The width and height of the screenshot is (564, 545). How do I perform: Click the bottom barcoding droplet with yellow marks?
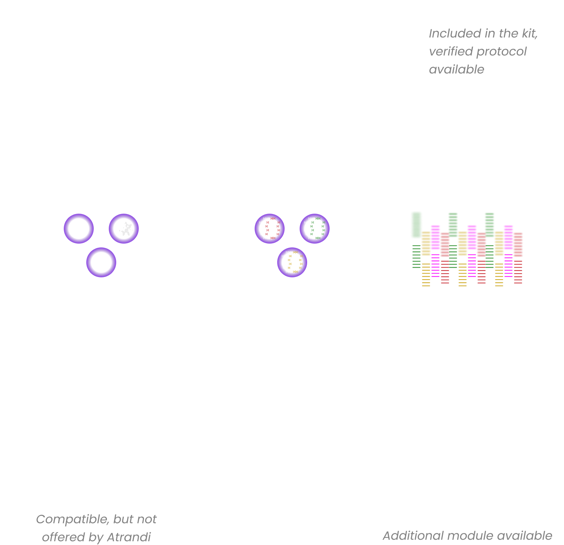(x=292, y=262)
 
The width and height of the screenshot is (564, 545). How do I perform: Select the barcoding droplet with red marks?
(x=270, y=229)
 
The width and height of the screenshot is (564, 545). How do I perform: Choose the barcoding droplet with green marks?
(x=315, y=229)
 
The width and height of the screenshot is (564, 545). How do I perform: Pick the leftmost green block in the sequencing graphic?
(x=416, y=225)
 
